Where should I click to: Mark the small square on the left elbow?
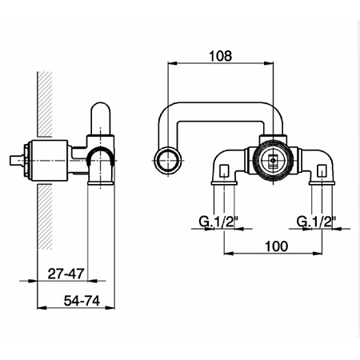[x=223, y=169]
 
